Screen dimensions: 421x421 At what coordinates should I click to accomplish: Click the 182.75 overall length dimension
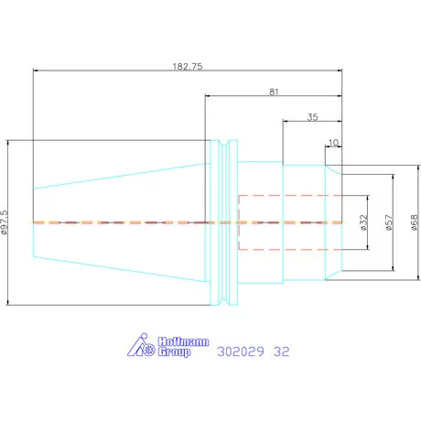pyautogui.click(x=188, y=66)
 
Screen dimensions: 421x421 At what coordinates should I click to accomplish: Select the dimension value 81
pyautogui.click(x=274, y=92)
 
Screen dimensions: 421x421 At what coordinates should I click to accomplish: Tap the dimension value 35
pyautogui.click(x=312, y=117)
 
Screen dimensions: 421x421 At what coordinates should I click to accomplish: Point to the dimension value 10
pyautogui.click(x=333, y=143)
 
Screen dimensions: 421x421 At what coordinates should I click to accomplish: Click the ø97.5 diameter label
pyautogui.click(x=5, y=222)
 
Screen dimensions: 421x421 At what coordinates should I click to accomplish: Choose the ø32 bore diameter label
pyautogui.click(x=364, y=222)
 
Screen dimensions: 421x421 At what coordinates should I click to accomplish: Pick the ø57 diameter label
pyautogui.click(x=389, y=222)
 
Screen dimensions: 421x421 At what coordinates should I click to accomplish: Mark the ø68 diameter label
pyautogui.click(x=415, y=222)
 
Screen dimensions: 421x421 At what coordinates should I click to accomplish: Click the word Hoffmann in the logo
pyautogui.click(x=184, y=341)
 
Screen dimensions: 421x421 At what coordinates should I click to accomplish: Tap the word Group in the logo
pyautogui.click(x=174, y=351)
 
